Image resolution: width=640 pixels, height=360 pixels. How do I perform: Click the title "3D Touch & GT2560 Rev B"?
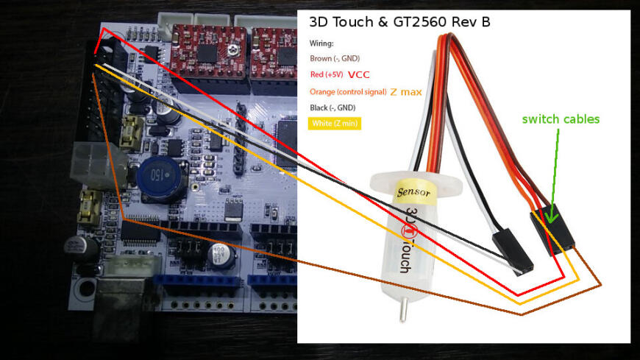[399, 22]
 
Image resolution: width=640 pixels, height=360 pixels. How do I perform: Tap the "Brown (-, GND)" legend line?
[335, 58]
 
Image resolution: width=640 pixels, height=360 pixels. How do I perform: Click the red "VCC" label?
[359, 74]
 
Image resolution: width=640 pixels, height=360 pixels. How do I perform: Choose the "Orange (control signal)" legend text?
[348, 91]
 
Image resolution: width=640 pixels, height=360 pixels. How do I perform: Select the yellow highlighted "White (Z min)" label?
[335, 123]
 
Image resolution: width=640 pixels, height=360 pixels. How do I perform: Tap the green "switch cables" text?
[561, 119]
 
